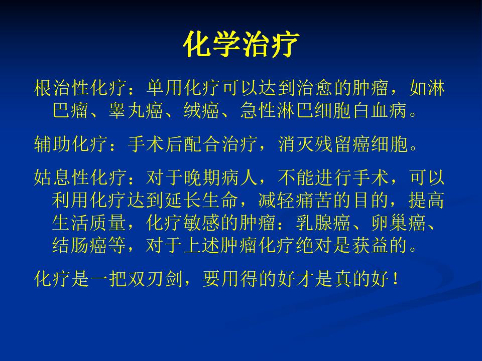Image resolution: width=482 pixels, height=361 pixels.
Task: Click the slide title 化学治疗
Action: (242, 44)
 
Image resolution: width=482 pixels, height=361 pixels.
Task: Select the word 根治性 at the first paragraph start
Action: (62, 88)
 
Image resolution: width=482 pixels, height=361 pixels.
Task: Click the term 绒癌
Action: (202, 110)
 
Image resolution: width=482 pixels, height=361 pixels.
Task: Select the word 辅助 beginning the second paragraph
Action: (52, 144)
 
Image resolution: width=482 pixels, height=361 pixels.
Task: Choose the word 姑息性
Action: (62, 177)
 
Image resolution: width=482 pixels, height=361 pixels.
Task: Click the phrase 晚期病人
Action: (220, 177)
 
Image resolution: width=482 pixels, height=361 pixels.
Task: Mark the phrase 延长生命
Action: (202, 200)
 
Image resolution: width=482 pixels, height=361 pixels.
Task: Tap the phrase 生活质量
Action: (89, 222)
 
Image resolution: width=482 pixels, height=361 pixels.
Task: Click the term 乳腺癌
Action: (323, 222)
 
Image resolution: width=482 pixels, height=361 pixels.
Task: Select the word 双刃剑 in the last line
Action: (155, 278)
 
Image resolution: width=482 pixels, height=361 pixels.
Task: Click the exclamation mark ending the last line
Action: (395, 279)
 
